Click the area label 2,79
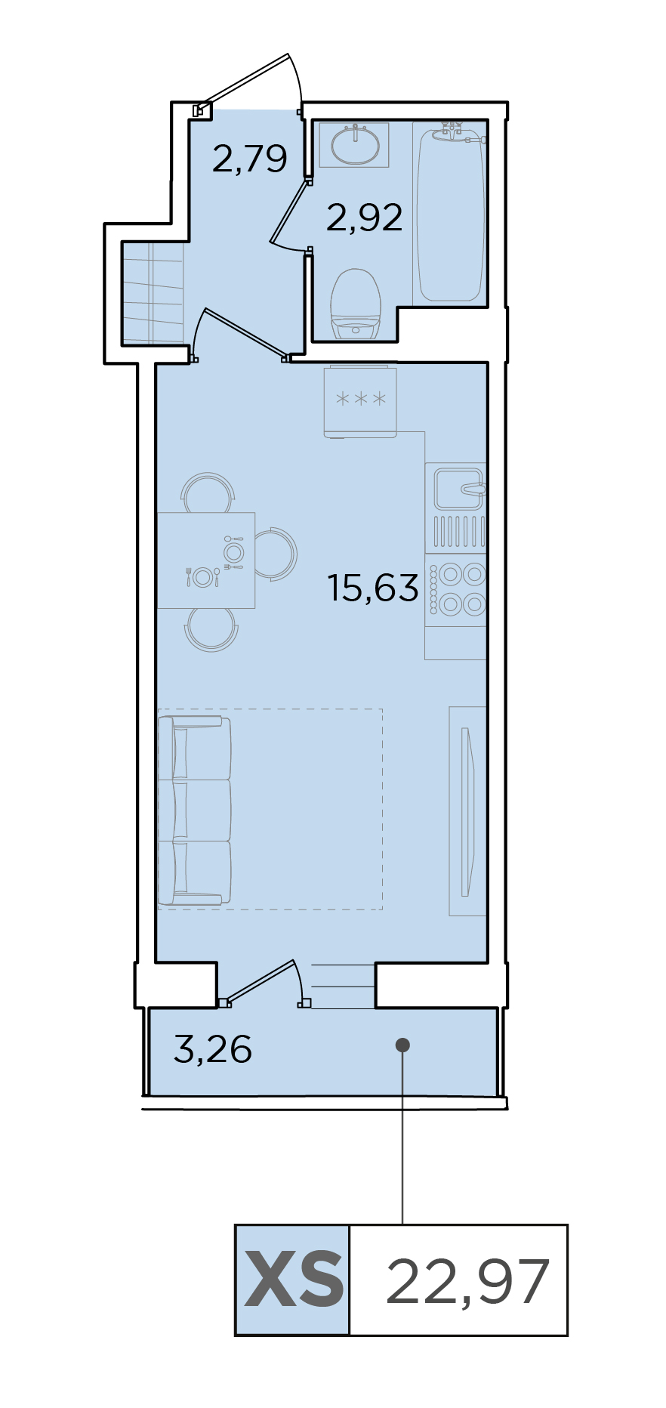(250, 159)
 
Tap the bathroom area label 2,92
(364, 218)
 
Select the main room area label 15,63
(373, 587)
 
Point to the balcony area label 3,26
(213, 1049)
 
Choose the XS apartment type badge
(293, 1280)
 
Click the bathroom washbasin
(354, 144)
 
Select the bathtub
(450, 214)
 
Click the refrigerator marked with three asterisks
(360, 401)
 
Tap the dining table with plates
(206, 560)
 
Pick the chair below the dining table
(211, 629)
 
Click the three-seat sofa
(194, 811)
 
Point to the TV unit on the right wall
(467, 811)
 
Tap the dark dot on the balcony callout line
(402, 1045)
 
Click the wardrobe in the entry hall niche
(153, 292)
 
